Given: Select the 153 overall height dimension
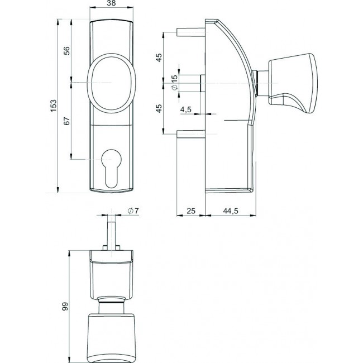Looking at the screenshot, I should tap(54, 106).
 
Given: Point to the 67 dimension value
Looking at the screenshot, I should tap(67, 121).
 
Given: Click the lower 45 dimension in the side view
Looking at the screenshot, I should tap(159, 108).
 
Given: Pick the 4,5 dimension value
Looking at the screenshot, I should tap(186, 110).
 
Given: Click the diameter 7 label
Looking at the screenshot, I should tap(132, 210).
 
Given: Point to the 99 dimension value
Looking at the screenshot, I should tap(65, 305).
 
